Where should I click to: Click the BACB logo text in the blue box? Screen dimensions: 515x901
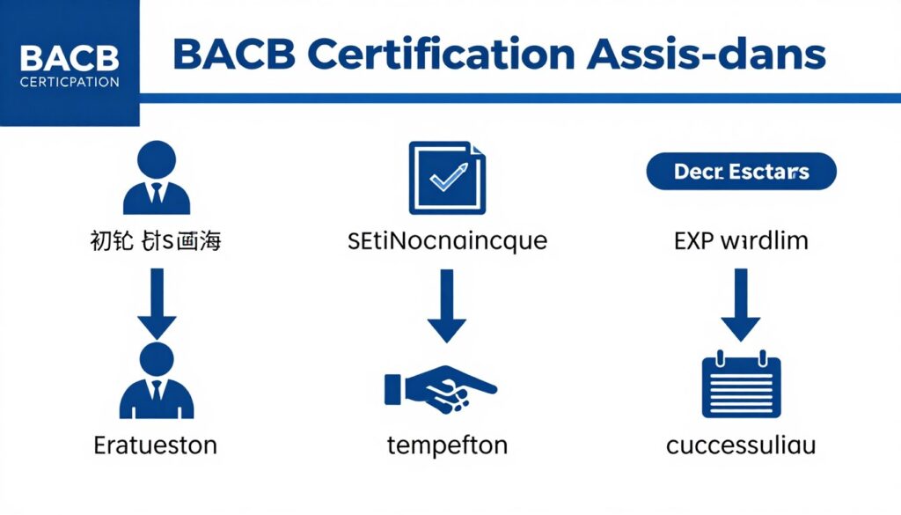tap(68, 58)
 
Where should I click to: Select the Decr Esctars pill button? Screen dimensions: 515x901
tap(741, 172)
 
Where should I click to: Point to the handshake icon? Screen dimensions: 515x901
tap(440, 388)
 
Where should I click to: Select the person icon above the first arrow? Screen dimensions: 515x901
tap(156, 179)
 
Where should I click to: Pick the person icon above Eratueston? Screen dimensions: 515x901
tap(156, 381)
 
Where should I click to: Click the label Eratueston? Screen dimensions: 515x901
tap(156, 445)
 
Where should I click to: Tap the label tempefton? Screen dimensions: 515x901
tap(447, 445)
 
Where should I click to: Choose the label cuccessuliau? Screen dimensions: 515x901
tap(741, 445)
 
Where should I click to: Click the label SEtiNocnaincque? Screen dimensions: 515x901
tap(447, 239)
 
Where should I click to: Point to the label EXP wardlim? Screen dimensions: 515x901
tap(741, 239)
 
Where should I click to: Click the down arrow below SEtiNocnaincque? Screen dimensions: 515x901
tap(447, 305)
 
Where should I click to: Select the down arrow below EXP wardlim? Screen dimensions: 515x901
tap(741, 305)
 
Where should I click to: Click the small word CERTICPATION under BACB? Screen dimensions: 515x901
tap(68, 82)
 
